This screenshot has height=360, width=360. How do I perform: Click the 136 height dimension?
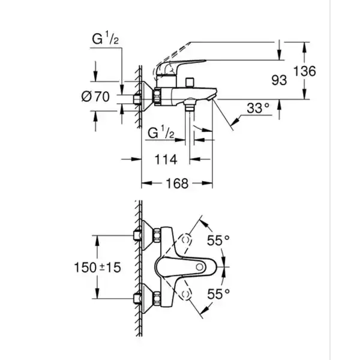click(x=305, y=71)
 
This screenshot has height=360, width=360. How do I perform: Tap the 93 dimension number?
click(x=279, y=80)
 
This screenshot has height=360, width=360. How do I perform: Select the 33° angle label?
click(x=258, y=108)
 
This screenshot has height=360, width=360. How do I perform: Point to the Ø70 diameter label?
click(x=95, y=97)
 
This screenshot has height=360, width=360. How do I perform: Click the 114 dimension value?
click(x=166, y=160)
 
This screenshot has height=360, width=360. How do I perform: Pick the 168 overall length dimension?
click(x=177, y=184)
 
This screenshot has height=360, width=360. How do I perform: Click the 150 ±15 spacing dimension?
click(x=97, y=268)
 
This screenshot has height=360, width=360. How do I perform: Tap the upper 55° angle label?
click(x=218, y=241)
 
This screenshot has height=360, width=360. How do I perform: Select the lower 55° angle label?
click(x=218, y=294)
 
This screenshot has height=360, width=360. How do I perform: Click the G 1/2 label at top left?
click(x=106, y=38)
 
